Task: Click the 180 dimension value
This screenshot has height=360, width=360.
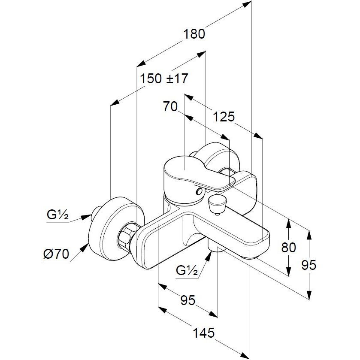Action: pyautogui.click(x=194, y=34)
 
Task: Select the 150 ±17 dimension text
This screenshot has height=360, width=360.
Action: pyautogui.click(x=164, y=79)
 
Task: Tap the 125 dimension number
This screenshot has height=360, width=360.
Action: pyautogui.click(x=224, y=116)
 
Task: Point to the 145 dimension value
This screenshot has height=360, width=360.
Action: pyautogui.click(x=204, y=333)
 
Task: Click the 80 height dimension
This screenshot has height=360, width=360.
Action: pyautogui.click(x=289, y=247)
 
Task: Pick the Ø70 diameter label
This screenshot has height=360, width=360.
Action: pyautogui.click(x=56, y=254)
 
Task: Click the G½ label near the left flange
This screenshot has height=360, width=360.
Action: pyautogui.click(x=57, y=215)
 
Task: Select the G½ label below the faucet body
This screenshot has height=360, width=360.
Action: pyautogui.click(x=187, y=270)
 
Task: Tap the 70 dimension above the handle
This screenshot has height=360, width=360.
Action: pyautogui.click(x=170, y=106)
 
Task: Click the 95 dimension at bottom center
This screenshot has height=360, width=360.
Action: pyautogui.click(x=188, y=300)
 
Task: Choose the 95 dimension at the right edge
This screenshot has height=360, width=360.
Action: pyautogui.click(x=309, y=265)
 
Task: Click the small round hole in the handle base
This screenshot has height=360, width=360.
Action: pyautogui.click(x=199, y=191)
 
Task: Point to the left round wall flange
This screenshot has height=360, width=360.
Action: pyautogui.click(x=117, y=229)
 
